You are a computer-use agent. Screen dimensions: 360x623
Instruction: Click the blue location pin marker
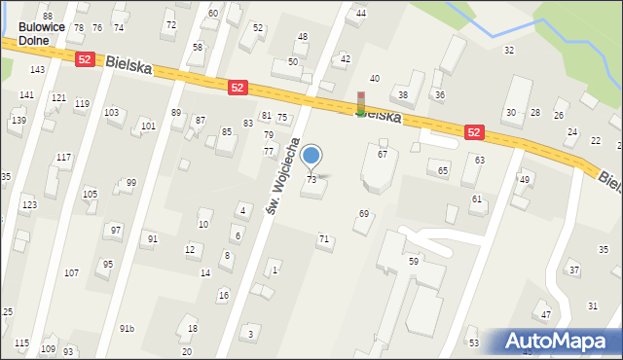(311, 156)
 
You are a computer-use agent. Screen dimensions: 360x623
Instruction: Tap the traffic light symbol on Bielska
(361, 104)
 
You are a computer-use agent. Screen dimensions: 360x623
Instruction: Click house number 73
(311, 180)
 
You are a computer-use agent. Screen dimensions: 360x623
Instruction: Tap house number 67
(383, 155)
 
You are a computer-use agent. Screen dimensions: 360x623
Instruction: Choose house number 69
(364, 214)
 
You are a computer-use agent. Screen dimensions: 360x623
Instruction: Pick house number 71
(324, 239)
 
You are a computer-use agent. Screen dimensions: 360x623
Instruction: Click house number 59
(413, 262)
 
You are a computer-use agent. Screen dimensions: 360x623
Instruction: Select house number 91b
(127, 329)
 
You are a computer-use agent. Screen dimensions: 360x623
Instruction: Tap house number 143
(37, 70)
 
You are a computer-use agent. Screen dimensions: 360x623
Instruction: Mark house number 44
(361, 14)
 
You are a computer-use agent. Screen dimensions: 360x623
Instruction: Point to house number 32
(508, 50)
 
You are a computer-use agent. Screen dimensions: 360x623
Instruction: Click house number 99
(131, 183)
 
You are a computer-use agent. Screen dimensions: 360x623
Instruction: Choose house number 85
(227, 132)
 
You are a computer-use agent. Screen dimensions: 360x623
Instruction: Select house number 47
(546, 315)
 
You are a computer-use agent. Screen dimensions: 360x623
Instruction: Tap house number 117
(63, 158)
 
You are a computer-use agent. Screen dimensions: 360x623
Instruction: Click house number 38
(403, 95)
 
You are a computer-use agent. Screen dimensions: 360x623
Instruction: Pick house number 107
(71, 273)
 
